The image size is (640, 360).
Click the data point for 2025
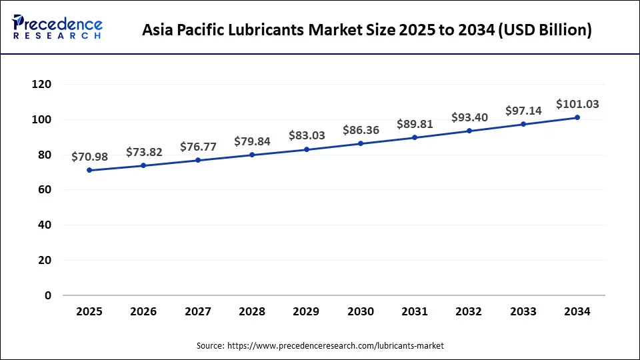tap(89, 170)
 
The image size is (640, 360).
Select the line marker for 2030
tap(361, 143)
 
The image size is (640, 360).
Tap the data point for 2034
tap(577, 117)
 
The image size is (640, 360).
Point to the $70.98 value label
tap(89, 157)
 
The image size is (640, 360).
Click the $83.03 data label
tap(307, 135)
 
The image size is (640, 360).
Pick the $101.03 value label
tap(577, 104)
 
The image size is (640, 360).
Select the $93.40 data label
tap(469, 117)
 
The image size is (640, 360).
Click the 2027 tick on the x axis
tap(198, 311)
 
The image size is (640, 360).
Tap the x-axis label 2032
tap(469, 311)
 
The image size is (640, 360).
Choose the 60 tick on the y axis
tap(44, 190)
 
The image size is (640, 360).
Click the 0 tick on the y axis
tap(47, 295)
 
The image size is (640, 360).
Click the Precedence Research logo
tap(57, 27)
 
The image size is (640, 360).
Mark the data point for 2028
tap(252, 155)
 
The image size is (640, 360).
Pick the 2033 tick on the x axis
tap(523, 311)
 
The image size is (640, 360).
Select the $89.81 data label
tap(415, 124)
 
